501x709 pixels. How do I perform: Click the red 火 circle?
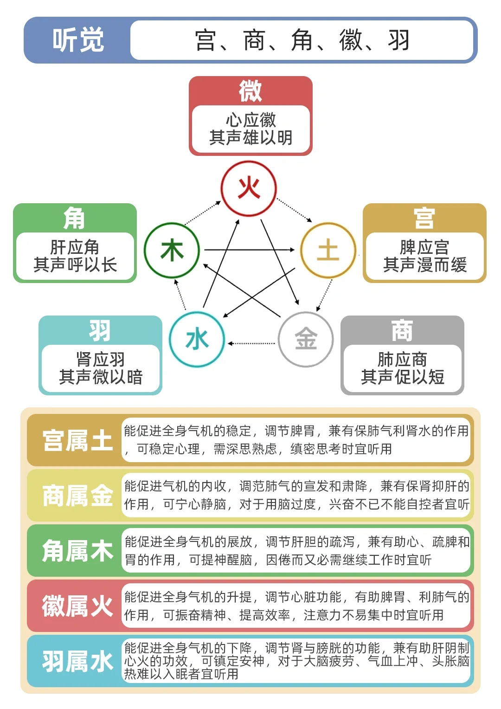point(249,188)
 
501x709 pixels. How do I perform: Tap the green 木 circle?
point(172,250)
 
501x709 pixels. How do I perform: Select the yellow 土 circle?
point(328,250)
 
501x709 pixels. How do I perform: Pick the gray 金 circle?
point(306,339)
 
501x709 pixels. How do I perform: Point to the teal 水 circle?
point(197,339)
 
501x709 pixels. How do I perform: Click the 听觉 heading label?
point(78,40)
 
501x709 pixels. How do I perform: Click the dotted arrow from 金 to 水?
point(251,343)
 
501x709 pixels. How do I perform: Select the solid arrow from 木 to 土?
point(250,250)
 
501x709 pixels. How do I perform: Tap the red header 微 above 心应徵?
point(250,91)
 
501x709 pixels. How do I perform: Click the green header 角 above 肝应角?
point(75,218)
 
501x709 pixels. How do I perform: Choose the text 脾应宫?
point(424,247)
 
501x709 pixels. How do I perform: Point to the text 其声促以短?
point(403,377)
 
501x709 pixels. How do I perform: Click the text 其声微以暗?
point(101,377)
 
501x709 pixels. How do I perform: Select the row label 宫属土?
point(77,440)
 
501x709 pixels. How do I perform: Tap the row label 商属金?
point(77,496)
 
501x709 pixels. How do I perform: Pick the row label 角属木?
point(77,551)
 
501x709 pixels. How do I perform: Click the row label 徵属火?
point(77,606)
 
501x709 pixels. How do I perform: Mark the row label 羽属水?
point(77,661)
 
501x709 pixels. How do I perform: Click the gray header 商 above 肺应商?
point(402,330)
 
